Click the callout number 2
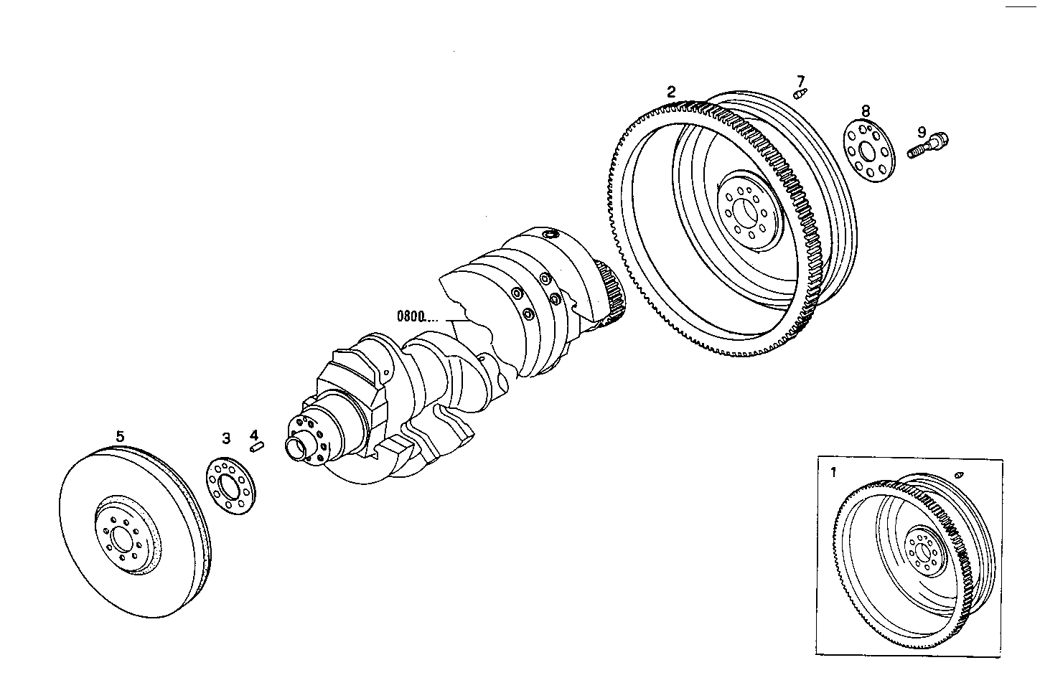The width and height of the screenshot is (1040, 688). (671, 92)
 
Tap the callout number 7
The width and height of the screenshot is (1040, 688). (800, 80)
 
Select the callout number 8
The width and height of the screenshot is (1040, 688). (866, 110)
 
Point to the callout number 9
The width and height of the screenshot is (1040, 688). (922, 132)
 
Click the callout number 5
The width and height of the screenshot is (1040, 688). (120, 435)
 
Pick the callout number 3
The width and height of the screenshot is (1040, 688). (225, 438)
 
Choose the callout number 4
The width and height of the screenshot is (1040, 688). (253, 435)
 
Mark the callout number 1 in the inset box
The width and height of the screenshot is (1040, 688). (833, 472)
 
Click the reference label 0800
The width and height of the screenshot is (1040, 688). (411, 315)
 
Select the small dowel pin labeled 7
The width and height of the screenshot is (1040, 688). (801, 93)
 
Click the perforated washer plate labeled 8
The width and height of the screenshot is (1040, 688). (868, 152)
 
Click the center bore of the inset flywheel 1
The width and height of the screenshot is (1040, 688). (924, 551)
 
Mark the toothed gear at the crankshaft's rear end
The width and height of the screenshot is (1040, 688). (611, 298)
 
